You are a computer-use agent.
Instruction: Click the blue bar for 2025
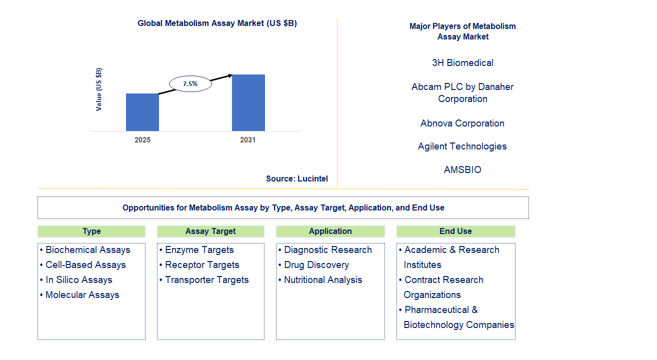coord(142,112)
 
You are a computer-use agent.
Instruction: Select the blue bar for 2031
coord(248,102)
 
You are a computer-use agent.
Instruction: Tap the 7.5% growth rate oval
coord(190,84)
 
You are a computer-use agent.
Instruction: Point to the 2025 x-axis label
coord(142,140)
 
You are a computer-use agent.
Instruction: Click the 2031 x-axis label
coord(248,140)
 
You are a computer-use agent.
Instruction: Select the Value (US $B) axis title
coord(99,89)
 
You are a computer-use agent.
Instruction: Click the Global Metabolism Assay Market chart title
coord(217,23)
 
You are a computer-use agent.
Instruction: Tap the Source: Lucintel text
coord(297,178)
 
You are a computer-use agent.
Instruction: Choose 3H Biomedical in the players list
coord(462,62)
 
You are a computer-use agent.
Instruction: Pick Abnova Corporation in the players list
coord(462,123)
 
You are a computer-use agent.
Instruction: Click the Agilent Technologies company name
coord(462,146)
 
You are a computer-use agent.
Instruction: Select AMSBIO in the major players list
coord(462,169)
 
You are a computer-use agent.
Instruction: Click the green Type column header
coord(91,231)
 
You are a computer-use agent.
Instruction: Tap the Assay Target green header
coord(210,231)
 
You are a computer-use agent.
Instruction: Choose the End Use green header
coord(455,231)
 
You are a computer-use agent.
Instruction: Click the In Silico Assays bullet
coord(79,280)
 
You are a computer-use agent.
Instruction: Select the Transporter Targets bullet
coord(206,280)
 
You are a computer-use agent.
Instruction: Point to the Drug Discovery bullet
coord(316,265)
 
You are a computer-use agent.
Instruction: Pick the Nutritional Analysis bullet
coord(323,280)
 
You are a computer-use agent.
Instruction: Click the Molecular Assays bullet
coord(82,295)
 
